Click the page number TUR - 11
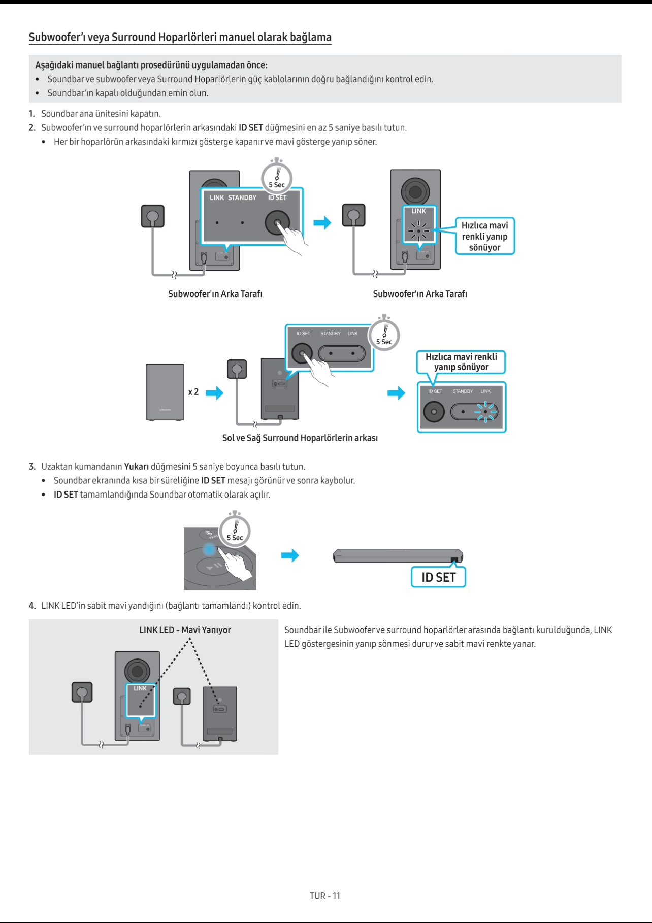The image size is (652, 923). [x=325, y=896]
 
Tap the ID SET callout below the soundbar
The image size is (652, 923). [x=438, y=577]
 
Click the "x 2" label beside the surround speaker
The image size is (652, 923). [x=193, y=392]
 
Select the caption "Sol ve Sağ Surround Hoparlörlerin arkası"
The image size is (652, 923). [x=300, y=438]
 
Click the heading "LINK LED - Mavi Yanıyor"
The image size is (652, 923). [x=185, y=630]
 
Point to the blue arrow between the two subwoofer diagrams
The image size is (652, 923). [x=322, y=222]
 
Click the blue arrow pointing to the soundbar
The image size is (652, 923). [x=290, y=555]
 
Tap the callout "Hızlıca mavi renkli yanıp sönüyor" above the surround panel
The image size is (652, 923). [x=461, y=361]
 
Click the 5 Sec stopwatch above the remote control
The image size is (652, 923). [x=235, y=531]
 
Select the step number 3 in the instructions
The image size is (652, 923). [x=32, y=466]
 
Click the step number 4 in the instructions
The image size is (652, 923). [x=32, y=605]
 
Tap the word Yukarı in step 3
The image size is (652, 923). [x=136, y=466]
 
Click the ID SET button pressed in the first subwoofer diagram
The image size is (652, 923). [x=277, y=222]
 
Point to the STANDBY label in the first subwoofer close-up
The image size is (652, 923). [x=242, y=197]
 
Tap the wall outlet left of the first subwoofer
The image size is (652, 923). [x=153, y=216]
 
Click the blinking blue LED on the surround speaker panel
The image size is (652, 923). [x=485, y=412]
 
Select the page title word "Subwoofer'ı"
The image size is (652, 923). [x=56, y=37]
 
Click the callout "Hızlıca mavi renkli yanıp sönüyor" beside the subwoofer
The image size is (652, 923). [x=484, y=236]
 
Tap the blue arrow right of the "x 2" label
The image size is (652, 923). [x=214, y=392]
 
